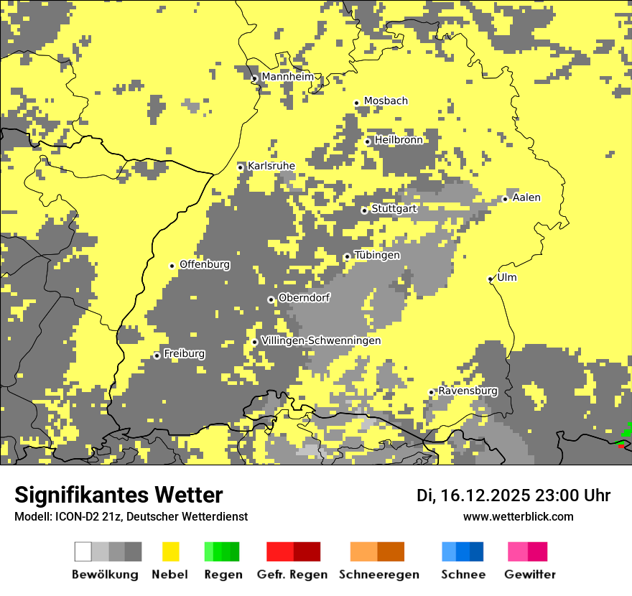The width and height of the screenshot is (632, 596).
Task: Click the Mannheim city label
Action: pos(287,77)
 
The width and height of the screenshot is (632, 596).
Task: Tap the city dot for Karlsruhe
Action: pos(241,167)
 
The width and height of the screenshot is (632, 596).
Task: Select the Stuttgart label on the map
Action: pos(394,209)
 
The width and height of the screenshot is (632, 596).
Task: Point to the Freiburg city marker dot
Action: pos(157,355)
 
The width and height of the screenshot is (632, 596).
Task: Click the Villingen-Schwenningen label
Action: pos(321,340)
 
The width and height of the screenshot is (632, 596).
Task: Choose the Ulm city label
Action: pos(506,277)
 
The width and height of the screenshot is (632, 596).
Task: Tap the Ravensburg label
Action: pos(468,391)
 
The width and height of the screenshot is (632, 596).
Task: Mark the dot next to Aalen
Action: pos(505,199)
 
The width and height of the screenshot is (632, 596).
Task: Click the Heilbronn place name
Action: pos(399,140)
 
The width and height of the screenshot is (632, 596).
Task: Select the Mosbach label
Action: pos(386,101)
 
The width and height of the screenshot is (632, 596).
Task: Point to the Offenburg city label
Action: pos(205,264)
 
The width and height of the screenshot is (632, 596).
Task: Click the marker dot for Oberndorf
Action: pos(271,299)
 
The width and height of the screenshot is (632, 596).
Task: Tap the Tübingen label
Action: pos(377,255)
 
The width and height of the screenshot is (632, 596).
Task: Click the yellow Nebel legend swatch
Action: pos(170,551)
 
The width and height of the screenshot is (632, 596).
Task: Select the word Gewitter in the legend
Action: pos(529,574)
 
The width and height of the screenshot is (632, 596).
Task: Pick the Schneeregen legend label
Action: pos(378,574)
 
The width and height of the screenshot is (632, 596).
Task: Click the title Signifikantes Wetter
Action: pos(118,495)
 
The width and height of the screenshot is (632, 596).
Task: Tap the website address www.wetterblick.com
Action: pos(518,516)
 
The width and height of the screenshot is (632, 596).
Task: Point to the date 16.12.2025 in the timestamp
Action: pos(485,495)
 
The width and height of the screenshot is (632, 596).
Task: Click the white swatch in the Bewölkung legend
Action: pos(83,551)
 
